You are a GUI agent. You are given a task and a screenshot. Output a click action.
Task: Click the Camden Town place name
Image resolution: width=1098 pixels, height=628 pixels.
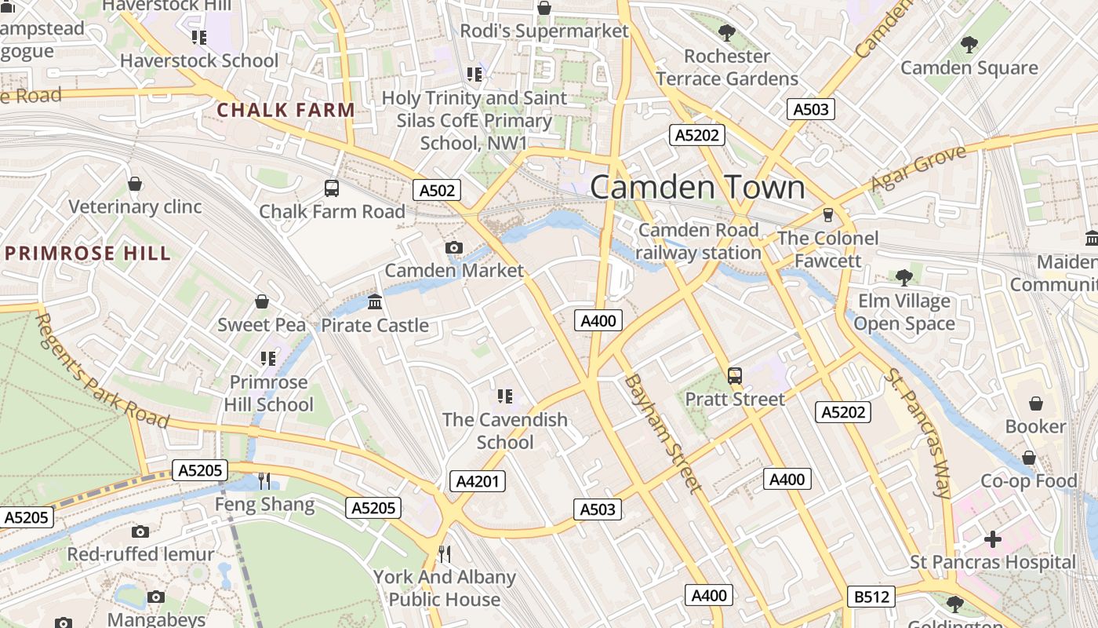(x=697, y=188)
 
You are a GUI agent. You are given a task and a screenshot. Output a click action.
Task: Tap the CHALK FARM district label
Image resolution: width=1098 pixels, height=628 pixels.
(x=285, y=111)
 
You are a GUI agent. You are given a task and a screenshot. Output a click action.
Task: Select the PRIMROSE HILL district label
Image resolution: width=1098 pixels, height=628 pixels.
(x=87, y=254)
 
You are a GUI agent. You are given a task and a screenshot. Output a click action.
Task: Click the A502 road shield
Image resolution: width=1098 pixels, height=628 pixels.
(x=437, y=190)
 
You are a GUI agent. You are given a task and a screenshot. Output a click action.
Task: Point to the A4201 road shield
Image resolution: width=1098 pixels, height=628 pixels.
(x=477, y=481)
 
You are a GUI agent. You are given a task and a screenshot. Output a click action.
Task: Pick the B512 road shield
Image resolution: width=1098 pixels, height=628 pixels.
(x=871, y=597)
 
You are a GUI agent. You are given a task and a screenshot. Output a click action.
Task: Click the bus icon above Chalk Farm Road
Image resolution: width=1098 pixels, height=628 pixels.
(x=332, y=188)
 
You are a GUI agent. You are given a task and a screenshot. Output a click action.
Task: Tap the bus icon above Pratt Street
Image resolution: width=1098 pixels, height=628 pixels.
(x=735, y=376)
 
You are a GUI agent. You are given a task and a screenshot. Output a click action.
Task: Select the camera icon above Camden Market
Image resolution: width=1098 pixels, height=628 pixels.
(x=453, y=248)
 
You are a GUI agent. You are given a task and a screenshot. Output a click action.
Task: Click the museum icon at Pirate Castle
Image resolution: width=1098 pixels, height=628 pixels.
(x=375, y=302)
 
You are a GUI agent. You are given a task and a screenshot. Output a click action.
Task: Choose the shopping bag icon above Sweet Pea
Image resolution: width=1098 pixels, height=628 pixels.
(x=262, y=302)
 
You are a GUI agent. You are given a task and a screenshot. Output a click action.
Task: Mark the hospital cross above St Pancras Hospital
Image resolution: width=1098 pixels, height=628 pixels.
(x=993, y=539)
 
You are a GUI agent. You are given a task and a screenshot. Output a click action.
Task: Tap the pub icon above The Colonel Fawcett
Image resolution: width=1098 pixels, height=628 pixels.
(x=827, y=215)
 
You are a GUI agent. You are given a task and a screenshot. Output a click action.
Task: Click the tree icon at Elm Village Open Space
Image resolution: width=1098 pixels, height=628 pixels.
(x=904, y=277)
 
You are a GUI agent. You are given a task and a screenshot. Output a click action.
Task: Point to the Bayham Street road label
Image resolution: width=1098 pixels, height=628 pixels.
(x=663, y=433)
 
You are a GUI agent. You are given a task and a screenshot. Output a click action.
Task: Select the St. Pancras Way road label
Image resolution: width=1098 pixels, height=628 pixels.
(x=918, y=433)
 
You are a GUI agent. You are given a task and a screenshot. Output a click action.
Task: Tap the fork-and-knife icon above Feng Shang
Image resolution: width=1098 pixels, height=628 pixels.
(x=264, y=481)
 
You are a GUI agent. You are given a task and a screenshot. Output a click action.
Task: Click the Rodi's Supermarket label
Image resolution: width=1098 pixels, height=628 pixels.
(x=544, y=31)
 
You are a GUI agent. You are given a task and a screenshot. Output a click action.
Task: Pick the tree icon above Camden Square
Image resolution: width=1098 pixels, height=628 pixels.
(x=969, y=45)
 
